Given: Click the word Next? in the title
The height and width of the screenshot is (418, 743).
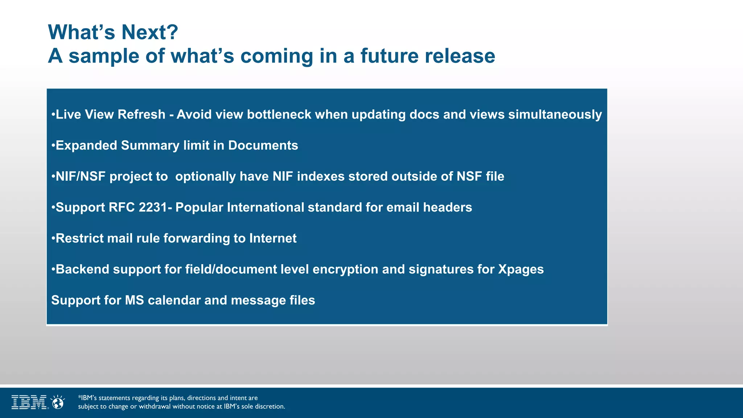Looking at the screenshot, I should pyautogui.click(x=149, y=32).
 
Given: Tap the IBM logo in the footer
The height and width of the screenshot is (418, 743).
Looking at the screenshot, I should pyautogui.click(x=29, y=402).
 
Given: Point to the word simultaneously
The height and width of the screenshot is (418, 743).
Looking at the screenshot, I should pyautogui.click(x=555, y=114).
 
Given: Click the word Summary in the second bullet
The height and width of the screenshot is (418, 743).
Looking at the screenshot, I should pyautogui.click(x=150, y=146).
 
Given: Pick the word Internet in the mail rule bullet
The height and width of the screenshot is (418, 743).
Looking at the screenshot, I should pyautogui.click(x=273, y=238).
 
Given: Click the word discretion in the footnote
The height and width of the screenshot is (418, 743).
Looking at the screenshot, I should pyautogui.click(x=270, y=406).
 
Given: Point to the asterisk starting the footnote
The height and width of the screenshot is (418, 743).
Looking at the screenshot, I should pyautogui.click(x=79, y=397).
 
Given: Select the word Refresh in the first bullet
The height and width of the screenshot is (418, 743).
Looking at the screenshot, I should pyautogui.click(x=141, y=114).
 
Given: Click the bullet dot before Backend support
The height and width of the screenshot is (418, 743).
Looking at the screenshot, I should pyautogui.click(x=53, y=269).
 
